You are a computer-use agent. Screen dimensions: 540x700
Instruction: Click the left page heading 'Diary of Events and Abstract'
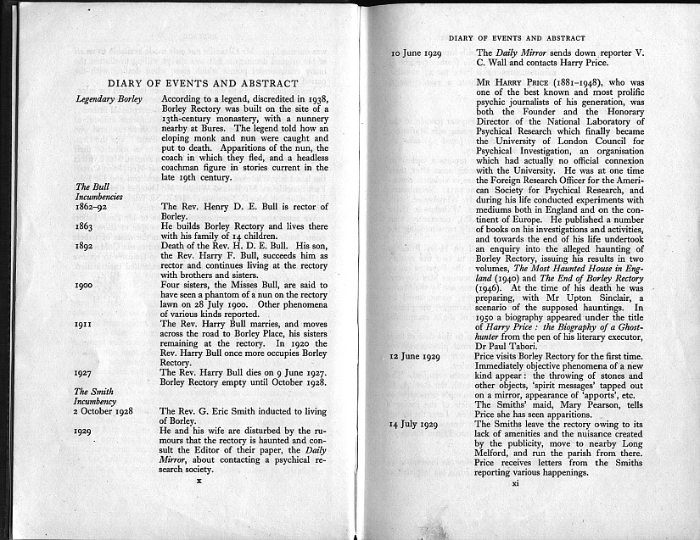203,83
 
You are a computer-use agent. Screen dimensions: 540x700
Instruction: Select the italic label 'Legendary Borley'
106,99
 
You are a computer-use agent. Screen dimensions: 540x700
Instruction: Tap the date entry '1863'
86,227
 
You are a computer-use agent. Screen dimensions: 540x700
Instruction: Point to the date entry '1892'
86,245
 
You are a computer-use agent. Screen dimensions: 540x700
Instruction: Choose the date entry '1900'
86,286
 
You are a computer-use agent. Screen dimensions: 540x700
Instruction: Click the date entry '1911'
85,324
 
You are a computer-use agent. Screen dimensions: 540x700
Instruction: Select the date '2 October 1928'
109,411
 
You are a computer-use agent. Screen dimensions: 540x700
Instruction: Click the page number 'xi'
515,484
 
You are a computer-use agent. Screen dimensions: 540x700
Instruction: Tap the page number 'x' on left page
198,480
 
